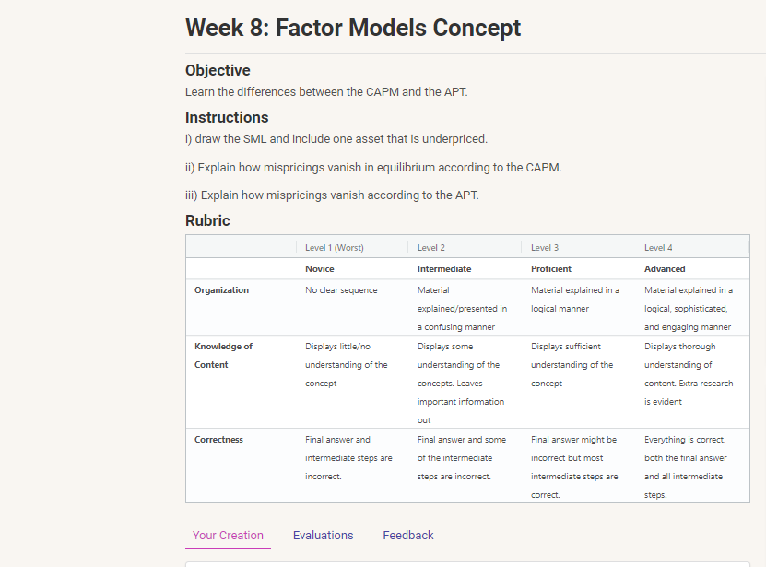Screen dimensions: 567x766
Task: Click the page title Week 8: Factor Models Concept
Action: click(x=353, y=28)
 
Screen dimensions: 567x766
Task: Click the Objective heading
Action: click(x=218, y=70)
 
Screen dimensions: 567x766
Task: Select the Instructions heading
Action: click(x=227, y=117)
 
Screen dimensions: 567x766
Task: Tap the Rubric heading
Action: click(x=207, y=220)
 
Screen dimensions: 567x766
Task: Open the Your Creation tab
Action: click(x=228, y=535)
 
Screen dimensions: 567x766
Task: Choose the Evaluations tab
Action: click(x=323, y=535)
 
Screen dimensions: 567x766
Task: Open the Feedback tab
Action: click(x=407, y=535)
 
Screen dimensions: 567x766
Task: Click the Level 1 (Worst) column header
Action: click(x=334, y=247)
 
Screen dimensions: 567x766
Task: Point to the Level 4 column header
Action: click(x=658, y=247)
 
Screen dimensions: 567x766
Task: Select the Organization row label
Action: click(x=221, y=290)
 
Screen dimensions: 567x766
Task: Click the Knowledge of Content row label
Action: click(x=223, y=355)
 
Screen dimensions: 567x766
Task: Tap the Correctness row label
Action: click(x=218, y=440)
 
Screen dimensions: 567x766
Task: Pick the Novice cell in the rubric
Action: click(x=319, y=269)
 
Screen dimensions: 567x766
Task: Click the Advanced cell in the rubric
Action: click(x=665, y=269)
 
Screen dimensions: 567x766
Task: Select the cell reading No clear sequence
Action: click(x=341, y=290)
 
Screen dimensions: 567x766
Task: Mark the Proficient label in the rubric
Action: click(x=551, y=269)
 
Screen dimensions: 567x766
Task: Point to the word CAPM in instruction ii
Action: click(x=542, y=168)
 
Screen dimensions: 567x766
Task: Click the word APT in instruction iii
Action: click(x=465, y=195)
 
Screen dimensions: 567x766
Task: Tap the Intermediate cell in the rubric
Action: click(x=444, y=269)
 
